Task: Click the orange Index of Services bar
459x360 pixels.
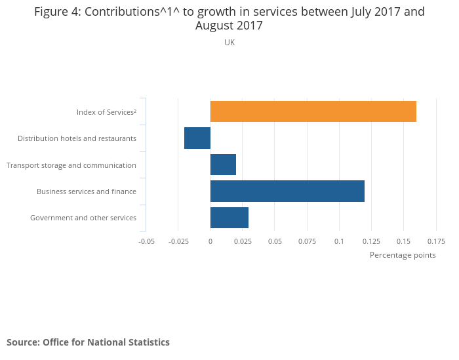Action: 313,111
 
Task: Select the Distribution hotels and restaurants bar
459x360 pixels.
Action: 197,138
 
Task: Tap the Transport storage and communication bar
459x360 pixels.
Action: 223,165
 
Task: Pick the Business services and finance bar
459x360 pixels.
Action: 287,191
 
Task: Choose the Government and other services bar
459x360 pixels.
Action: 229,218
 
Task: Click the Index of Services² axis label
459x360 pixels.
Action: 106,112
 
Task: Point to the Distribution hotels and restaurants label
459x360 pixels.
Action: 77,138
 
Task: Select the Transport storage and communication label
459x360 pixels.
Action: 71,165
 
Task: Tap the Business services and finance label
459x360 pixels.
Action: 87,191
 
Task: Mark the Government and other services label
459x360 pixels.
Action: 83,218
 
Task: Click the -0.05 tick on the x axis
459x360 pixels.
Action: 146,241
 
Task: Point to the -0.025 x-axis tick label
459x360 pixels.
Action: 178,241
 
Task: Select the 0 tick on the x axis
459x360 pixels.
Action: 210,241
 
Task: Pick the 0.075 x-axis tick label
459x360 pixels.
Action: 307,241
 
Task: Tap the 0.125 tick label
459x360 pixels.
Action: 371,241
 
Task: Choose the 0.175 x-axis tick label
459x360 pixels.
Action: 435,241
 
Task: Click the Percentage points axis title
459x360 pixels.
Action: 403,255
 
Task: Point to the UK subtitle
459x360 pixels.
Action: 229,43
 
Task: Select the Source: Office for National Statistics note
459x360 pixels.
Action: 88,342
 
